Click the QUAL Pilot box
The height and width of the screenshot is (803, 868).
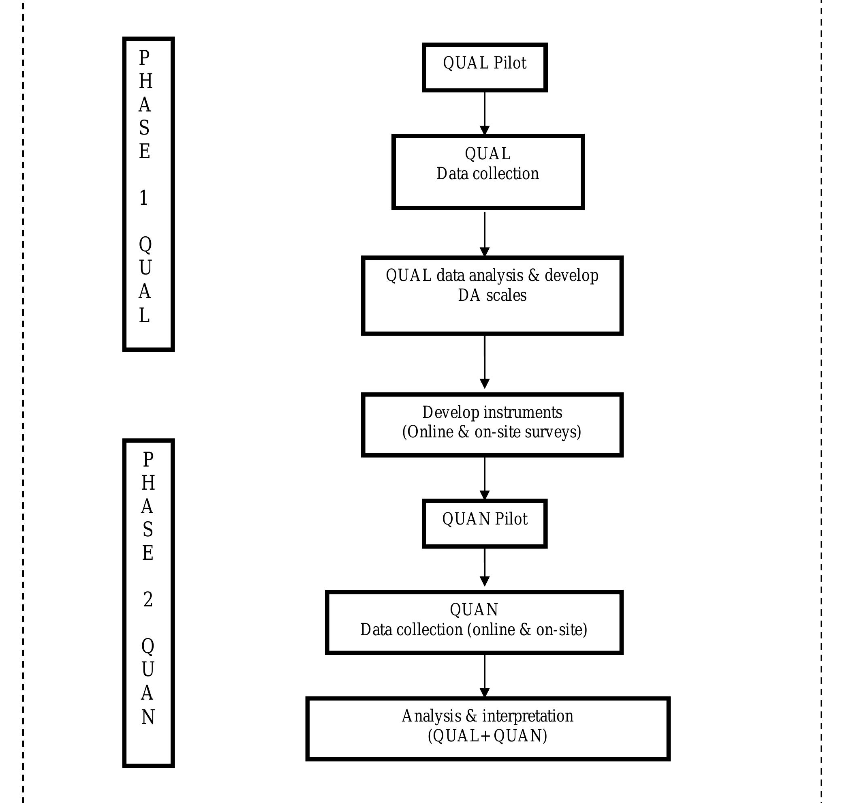click(484, 67)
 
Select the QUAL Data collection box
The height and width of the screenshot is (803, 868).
click(487, 172)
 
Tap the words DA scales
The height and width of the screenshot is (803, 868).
click(492, 296)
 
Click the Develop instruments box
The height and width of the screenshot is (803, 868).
click(492, 424)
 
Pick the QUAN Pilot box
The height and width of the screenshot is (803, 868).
click(484, 523)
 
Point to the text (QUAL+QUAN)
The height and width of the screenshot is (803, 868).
click(487, 736)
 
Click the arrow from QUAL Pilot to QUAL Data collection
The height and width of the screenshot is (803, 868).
click(484, 113)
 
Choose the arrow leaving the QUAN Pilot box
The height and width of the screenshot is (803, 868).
click(484, 567)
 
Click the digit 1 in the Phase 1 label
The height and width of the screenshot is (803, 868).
click(144, 198)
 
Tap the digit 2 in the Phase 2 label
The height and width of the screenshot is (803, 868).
click(148, 600)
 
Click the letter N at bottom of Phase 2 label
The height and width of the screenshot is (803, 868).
click(148, 717)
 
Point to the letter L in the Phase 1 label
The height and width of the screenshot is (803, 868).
click(144, 315)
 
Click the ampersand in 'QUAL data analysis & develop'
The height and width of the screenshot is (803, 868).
click(534, 276)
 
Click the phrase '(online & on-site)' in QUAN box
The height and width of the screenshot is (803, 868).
click(527, 630)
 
